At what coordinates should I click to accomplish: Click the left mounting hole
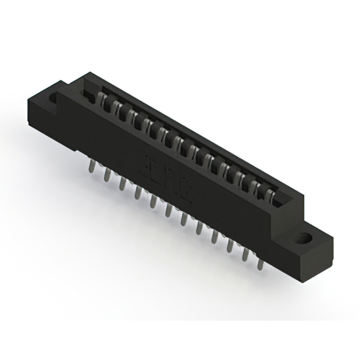click(54, 98)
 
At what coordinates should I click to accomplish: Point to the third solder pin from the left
click(122, 184)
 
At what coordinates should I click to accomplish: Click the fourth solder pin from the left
click(138, 193)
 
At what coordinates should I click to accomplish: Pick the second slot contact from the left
click(115, 107)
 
